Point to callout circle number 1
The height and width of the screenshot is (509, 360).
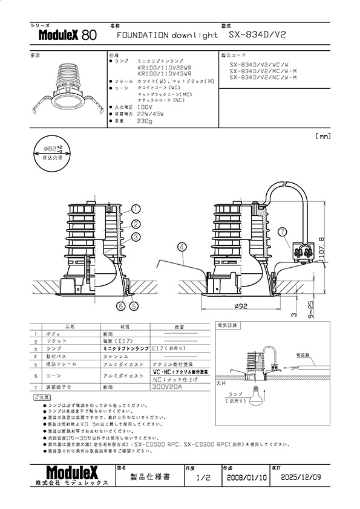tap(136, 209)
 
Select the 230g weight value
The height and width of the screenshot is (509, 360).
tap(145, 121)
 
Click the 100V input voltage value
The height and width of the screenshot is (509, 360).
tap(145, 107)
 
